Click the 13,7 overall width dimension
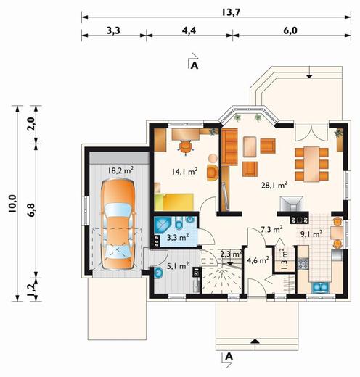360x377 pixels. click(231, 12)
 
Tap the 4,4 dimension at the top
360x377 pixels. click(189, 30)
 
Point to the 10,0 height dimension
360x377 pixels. click(12, 204)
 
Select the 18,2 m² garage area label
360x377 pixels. click(120, 170)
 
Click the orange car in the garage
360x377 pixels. click(118, 224)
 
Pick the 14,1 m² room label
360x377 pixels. click(184, 171)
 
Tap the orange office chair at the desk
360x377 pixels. click(186, 147)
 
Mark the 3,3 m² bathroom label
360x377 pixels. click(178, 237)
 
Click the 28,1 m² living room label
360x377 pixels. click(274, 185)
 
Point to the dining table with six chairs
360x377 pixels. click(311, 164)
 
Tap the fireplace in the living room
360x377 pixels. click(291, 204)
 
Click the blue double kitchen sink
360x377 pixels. click(321, 287)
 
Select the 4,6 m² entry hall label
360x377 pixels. click(258, 260)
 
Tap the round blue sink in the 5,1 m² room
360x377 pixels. click(158, 273)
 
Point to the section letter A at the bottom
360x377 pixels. click(229, 356)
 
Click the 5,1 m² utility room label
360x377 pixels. click(178, 266)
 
